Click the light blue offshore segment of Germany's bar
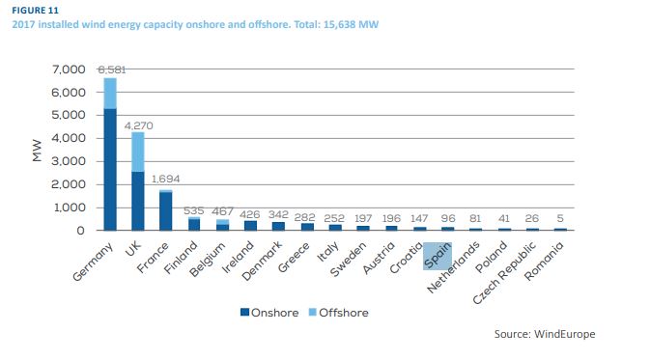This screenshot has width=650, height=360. (110, 94)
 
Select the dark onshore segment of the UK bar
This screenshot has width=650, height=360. (137, 201)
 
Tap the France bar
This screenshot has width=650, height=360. (165, 210)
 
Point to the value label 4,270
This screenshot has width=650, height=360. (138, 125)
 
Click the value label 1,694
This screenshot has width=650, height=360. (165, 179)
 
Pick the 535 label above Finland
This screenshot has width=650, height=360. (193, 210)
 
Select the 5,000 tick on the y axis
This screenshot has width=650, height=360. (69, 115)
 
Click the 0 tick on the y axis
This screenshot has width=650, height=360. (81, 231)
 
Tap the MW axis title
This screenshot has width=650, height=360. (37, 150)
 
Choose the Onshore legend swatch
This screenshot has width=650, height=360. (244, 312)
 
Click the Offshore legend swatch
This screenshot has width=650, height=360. (313, 312)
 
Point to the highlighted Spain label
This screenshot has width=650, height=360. (438, 256)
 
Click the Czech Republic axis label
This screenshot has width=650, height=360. (504, 273)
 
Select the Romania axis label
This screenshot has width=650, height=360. (545, 261)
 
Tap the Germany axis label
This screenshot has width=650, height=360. (93, 262)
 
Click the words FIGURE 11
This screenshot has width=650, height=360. (35, 10)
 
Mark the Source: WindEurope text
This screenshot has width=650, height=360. (545, 334)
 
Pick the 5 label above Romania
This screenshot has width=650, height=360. (560, 218)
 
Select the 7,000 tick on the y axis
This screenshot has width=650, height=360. (69, 69)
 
